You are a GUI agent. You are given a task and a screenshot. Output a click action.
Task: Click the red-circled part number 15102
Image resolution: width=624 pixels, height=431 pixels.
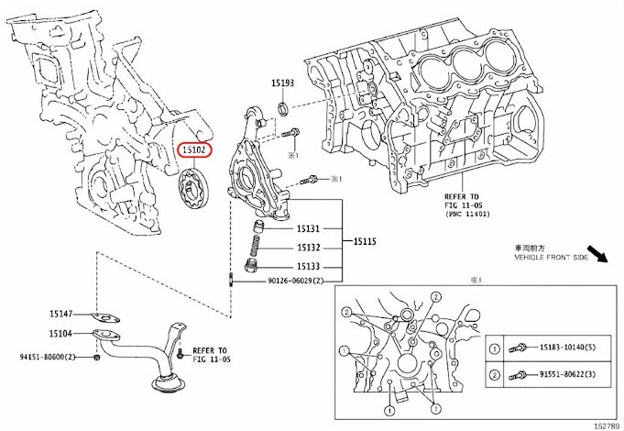click(x=195, y=149)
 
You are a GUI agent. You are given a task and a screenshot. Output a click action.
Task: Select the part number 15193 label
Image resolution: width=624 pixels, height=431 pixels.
click(x=281, y=83)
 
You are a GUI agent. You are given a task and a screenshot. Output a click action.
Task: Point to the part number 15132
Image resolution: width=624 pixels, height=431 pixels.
click(x=308, y=248)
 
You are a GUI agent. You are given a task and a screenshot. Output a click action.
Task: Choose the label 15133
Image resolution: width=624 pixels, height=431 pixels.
click(x=308, y=265)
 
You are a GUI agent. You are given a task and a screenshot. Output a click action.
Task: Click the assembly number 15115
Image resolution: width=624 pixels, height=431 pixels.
click(x=360, y=242)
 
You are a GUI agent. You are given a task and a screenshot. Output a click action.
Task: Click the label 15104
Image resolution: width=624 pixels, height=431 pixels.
click(x=62, y=335)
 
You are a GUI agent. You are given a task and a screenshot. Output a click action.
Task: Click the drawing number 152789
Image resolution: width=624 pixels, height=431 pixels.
click(x=604, y=425)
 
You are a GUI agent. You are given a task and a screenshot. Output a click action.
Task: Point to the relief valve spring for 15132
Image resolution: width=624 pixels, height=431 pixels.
click(x=258, y=248)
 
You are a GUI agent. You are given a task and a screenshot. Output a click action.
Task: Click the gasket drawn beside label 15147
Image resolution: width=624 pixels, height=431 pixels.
click(x=109, y=315)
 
